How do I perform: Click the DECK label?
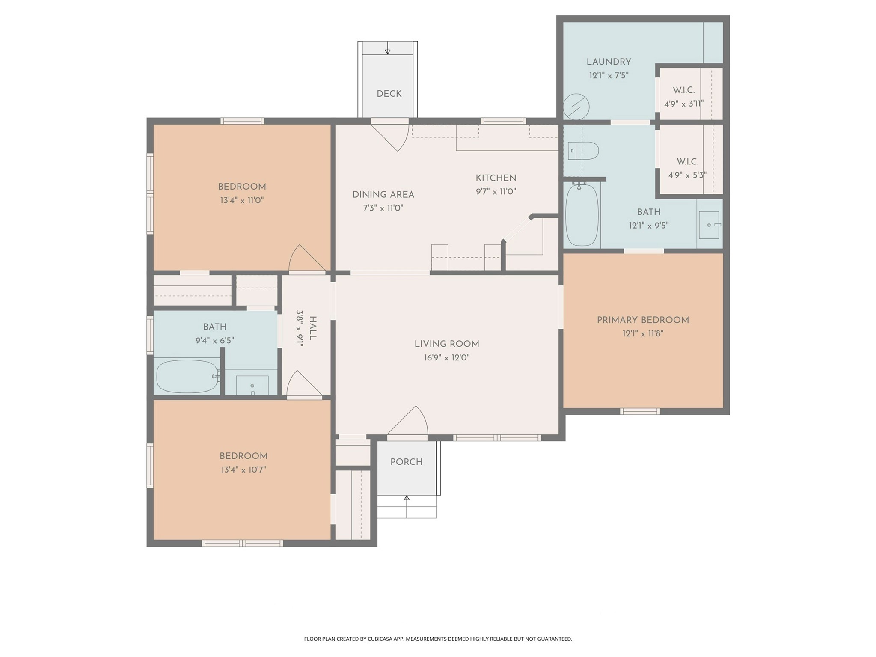(389, 94)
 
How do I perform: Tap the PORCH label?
(406, 462)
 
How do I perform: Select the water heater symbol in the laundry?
(576, 107)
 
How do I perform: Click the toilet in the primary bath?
(583, 151)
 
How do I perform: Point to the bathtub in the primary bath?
(582, 215)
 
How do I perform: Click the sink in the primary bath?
(709, 225)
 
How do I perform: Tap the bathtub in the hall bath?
(187, 376)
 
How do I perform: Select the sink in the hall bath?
(252, 385)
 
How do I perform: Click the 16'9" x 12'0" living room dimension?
(447, 357)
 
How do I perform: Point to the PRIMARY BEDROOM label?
(643, 320)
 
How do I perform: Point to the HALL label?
(313, 328)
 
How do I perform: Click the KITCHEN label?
(496, 178)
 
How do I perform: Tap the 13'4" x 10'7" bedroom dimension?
(243, 470)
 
